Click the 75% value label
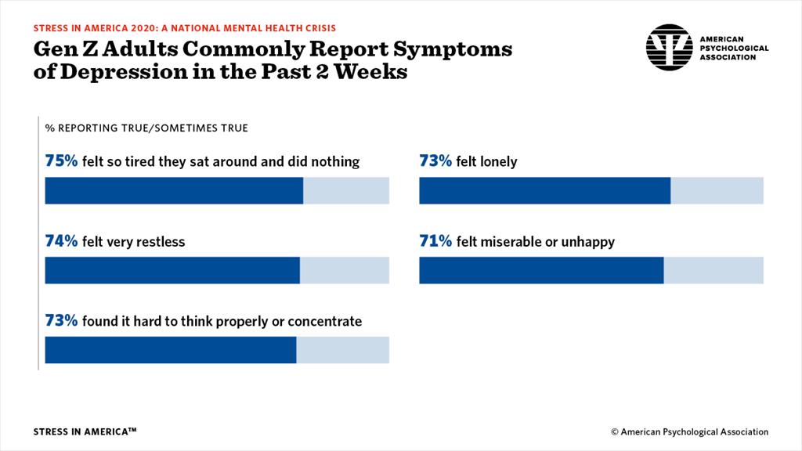pyautogui.click(x=61, y=162)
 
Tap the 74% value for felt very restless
pyautogui.click(x=61, y=242)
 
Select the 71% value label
pyautogui.click(x=435, y=242)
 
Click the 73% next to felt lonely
pyautogui.click(x=435, y=162)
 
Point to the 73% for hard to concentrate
pyautogui.click(x=61, y=321)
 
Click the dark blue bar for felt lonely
pyautogui.click(x=544, y=191)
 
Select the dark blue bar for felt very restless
pyautogui.click(x=172, y=270)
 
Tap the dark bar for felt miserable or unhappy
pyautogui.click(x=541, y=270)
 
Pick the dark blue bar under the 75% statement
pyautogui.click(x=174, y=191)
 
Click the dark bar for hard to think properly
pyautogui.click(x=171, y=350)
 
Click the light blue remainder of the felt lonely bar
pyautogui.click(x=717, y=191)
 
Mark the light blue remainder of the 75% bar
pyautogui.click(x=345, y=191)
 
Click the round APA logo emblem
pyautogui.click(x=669, y=47)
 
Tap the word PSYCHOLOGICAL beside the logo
pyautogui.click(x=733, y=48)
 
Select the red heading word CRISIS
pyautogui.click(x=320, y=27)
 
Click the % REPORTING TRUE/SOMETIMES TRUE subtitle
pyautogui.click(x=146, y=128)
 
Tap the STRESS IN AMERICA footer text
pyautogui.click(x=85, y=431)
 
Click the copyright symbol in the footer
pyautogui.click(x=615, y=432)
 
